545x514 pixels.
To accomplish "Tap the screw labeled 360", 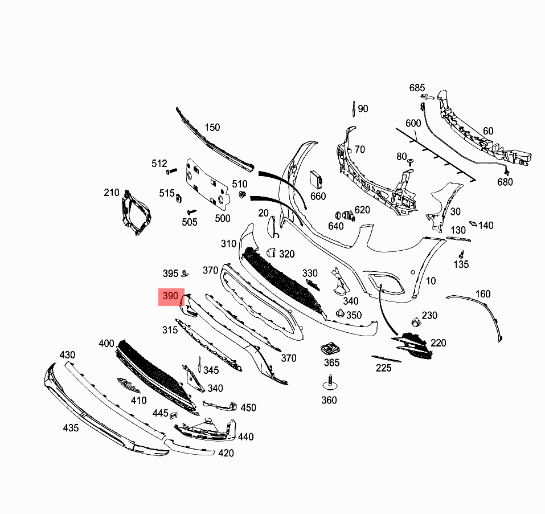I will tap(330, 381).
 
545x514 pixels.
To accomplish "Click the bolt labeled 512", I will tap(170, 171).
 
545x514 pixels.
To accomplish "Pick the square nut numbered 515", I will tap(177, 198).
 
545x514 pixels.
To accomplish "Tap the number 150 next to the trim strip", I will tap(212, 128).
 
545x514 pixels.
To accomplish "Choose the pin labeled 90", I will tap(354, 108).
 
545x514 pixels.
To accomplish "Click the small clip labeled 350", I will tap(340, 313).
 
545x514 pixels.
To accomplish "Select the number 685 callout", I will tap(417, 88).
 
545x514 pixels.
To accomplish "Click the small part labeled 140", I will tap(473, 225).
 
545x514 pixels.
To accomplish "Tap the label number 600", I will tap(413, 123).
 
